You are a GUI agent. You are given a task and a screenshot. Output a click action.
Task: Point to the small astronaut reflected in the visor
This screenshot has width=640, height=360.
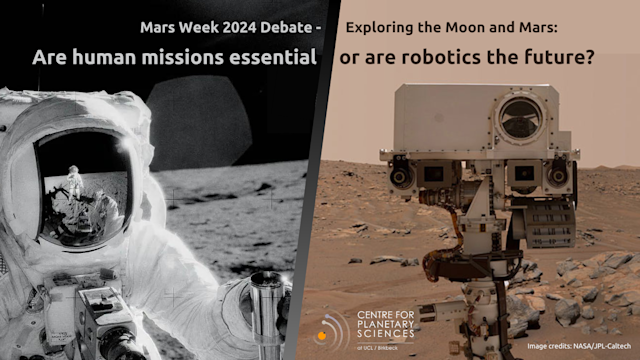tap(75, 181)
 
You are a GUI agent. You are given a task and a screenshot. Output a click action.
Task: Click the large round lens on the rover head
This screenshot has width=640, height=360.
tap(520, 118)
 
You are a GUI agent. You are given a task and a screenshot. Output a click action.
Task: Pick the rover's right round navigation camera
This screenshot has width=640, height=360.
tap(558, 176)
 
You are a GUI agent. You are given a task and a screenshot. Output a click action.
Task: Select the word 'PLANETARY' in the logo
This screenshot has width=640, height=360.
tap(387, 326)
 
